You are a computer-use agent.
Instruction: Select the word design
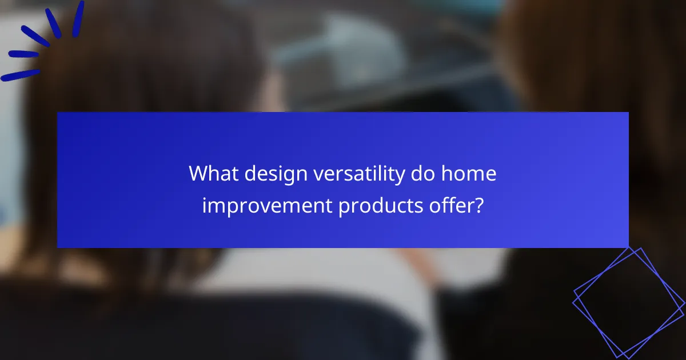point(277,173)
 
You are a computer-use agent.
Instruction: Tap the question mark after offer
point(480,206)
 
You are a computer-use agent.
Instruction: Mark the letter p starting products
point(343,208)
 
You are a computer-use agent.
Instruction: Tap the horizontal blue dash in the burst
point(23,54)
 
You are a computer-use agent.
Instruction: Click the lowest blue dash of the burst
point(21,75)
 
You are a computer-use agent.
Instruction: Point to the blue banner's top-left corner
point(58,113)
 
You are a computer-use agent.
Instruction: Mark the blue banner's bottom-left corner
point(58,247)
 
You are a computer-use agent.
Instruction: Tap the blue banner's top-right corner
point(628,113)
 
